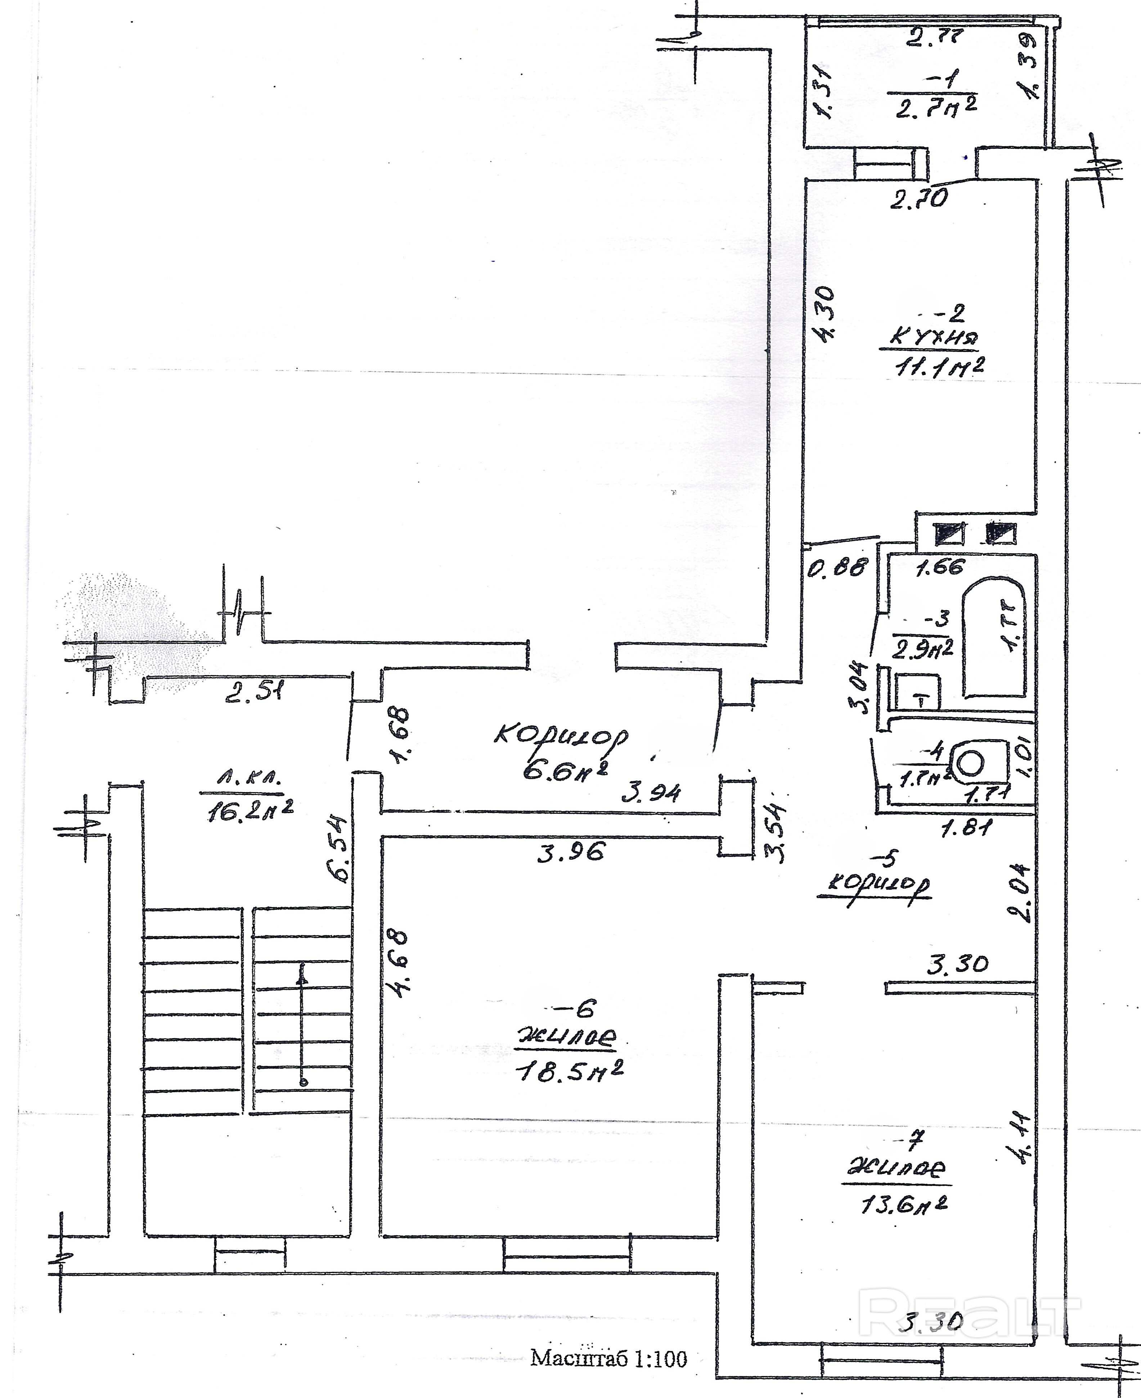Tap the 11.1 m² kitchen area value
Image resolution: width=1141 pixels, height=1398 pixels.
[x=939, y=366]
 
